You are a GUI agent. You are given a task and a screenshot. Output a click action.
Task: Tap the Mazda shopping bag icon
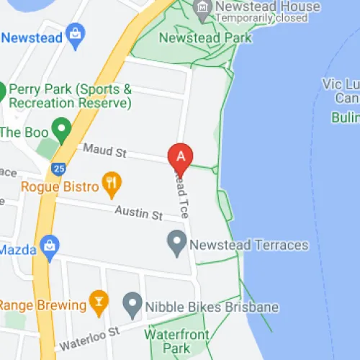(49, 245)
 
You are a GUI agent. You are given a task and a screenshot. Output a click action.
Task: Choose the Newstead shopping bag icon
(74, 33)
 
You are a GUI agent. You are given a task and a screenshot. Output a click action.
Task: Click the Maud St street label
(104, 151)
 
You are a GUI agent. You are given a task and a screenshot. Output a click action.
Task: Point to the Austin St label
(140, 213)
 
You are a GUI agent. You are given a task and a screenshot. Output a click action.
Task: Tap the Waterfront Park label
(176, 341)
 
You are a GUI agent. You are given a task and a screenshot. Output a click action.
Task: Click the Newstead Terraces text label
(249, 245)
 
